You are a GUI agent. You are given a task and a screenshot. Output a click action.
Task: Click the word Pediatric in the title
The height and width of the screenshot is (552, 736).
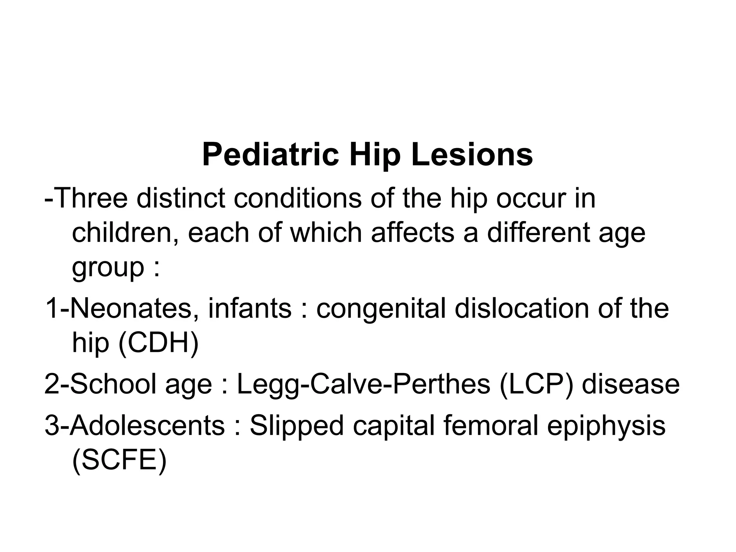click(270, 155)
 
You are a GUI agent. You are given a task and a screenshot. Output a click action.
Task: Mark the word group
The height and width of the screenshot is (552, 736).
click(108, 268)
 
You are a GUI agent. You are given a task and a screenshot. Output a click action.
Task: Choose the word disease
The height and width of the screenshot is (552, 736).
click(631, 383)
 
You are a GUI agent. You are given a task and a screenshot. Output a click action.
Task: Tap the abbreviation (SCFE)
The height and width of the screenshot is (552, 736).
click(119, 460)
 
